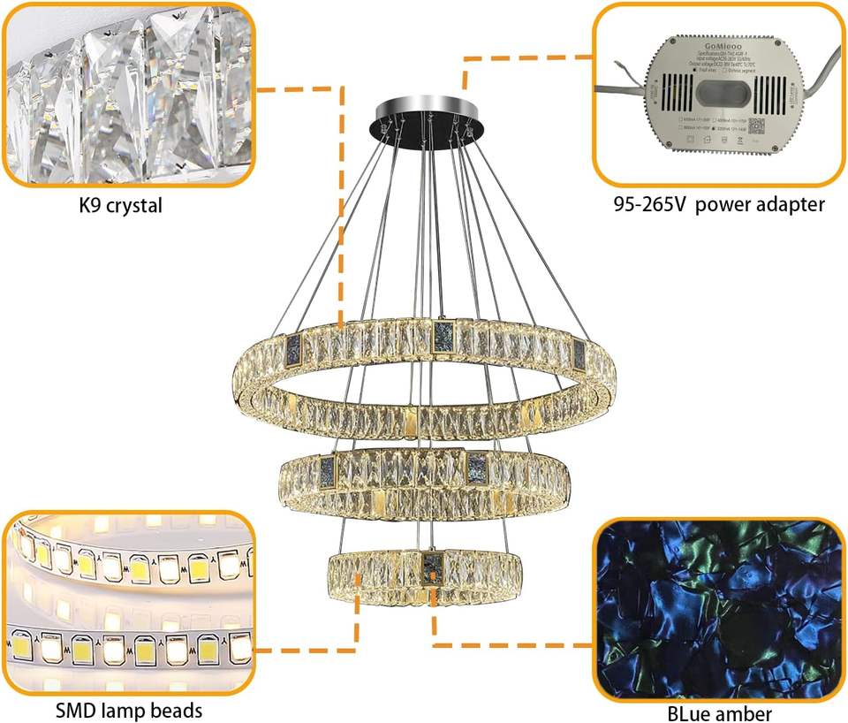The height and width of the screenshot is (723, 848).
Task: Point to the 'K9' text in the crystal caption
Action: (93, 208)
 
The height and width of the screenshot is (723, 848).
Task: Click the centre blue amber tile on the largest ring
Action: (443, 336)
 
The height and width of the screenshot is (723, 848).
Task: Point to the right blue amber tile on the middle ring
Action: (478, 462)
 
